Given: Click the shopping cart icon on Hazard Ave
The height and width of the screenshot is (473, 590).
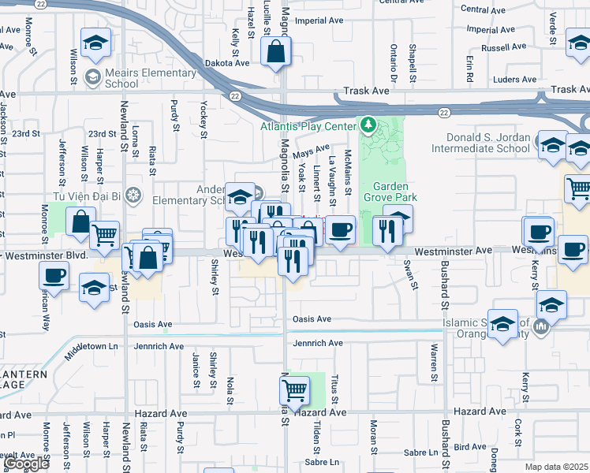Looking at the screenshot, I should coord(294,389).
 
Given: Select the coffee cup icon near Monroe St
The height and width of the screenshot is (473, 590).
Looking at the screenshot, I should coord(54,276).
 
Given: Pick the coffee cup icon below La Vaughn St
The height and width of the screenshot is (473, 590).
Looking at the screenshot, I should coord(340,230).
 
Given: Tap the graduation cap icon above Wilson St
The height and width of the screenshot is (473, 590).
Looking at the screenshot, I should coord(95,43).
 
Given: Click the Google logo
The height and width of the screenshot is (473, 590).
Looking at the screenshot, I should coord(26,464).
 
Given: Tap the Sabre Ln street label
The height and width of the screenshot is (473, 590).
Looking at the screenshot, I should coord(322,462).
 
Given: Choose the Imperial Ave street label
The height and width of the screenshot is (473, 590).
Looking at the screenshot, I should coord(321,20).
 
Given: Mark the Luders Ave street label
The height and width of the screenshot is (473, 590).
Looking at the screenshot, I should coord(514,80).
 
